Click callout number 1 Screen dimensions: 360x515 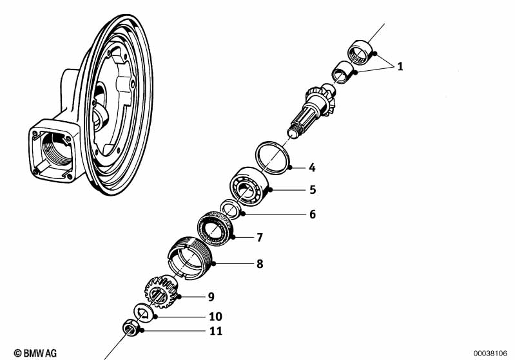coord(400,66)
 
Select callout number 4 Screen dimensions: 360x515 coord(312,168)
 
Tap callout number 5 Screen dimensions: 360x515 coord(312,190)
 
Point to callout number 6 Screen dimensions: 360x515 coord(312,214)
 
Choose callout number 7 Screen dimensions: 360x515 coord(259,238)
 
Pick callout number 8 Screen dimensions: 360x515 coord(259,263)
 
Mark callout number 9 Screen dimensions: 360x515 coord(210,297)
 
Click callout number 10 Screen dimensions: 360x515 coord(215,317)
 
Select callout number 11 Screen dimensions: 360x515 coord(215,332)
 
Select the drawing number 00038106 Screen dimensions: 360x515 coord(491,353)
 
